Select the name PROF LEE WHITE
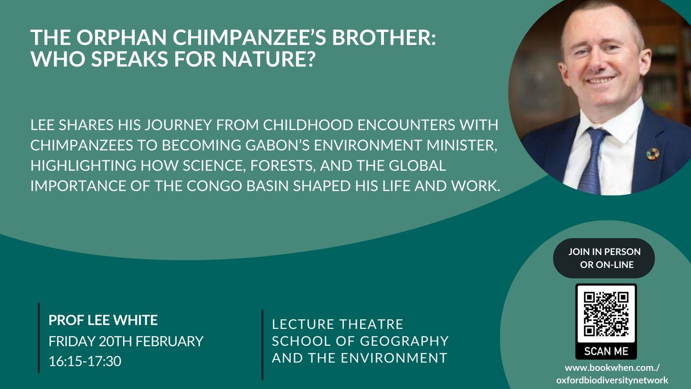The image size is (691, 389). [x=103, y=320]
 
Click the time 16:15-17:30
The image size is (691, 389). [x=85, y=361]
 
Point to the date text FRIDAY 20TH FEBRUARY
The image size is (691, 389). [x=126, y=341]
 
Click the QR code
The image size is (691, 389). [x=606, y=314]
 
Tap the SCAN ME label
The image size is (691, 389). [x=606, y=351]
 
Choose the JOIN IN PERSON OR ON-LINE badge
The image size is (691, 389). [x=604, y=258]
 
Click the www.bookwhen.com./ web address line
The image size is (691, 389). [x=612, y=368]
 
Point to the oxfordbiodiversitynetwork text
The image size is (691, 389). [x=612, y=380]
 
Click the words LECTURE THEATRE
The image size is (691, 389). [x=337, y=324]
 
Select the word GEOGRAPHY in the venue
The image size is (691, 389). [x=404, y=341]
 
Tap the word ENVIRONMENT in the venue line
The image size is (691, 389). [x=394, y=358]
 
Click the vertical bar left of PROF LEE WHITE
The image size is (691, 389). [x=39, y=338]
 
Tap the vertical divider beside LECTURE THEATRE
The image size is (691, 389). [x=263, y=344]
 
